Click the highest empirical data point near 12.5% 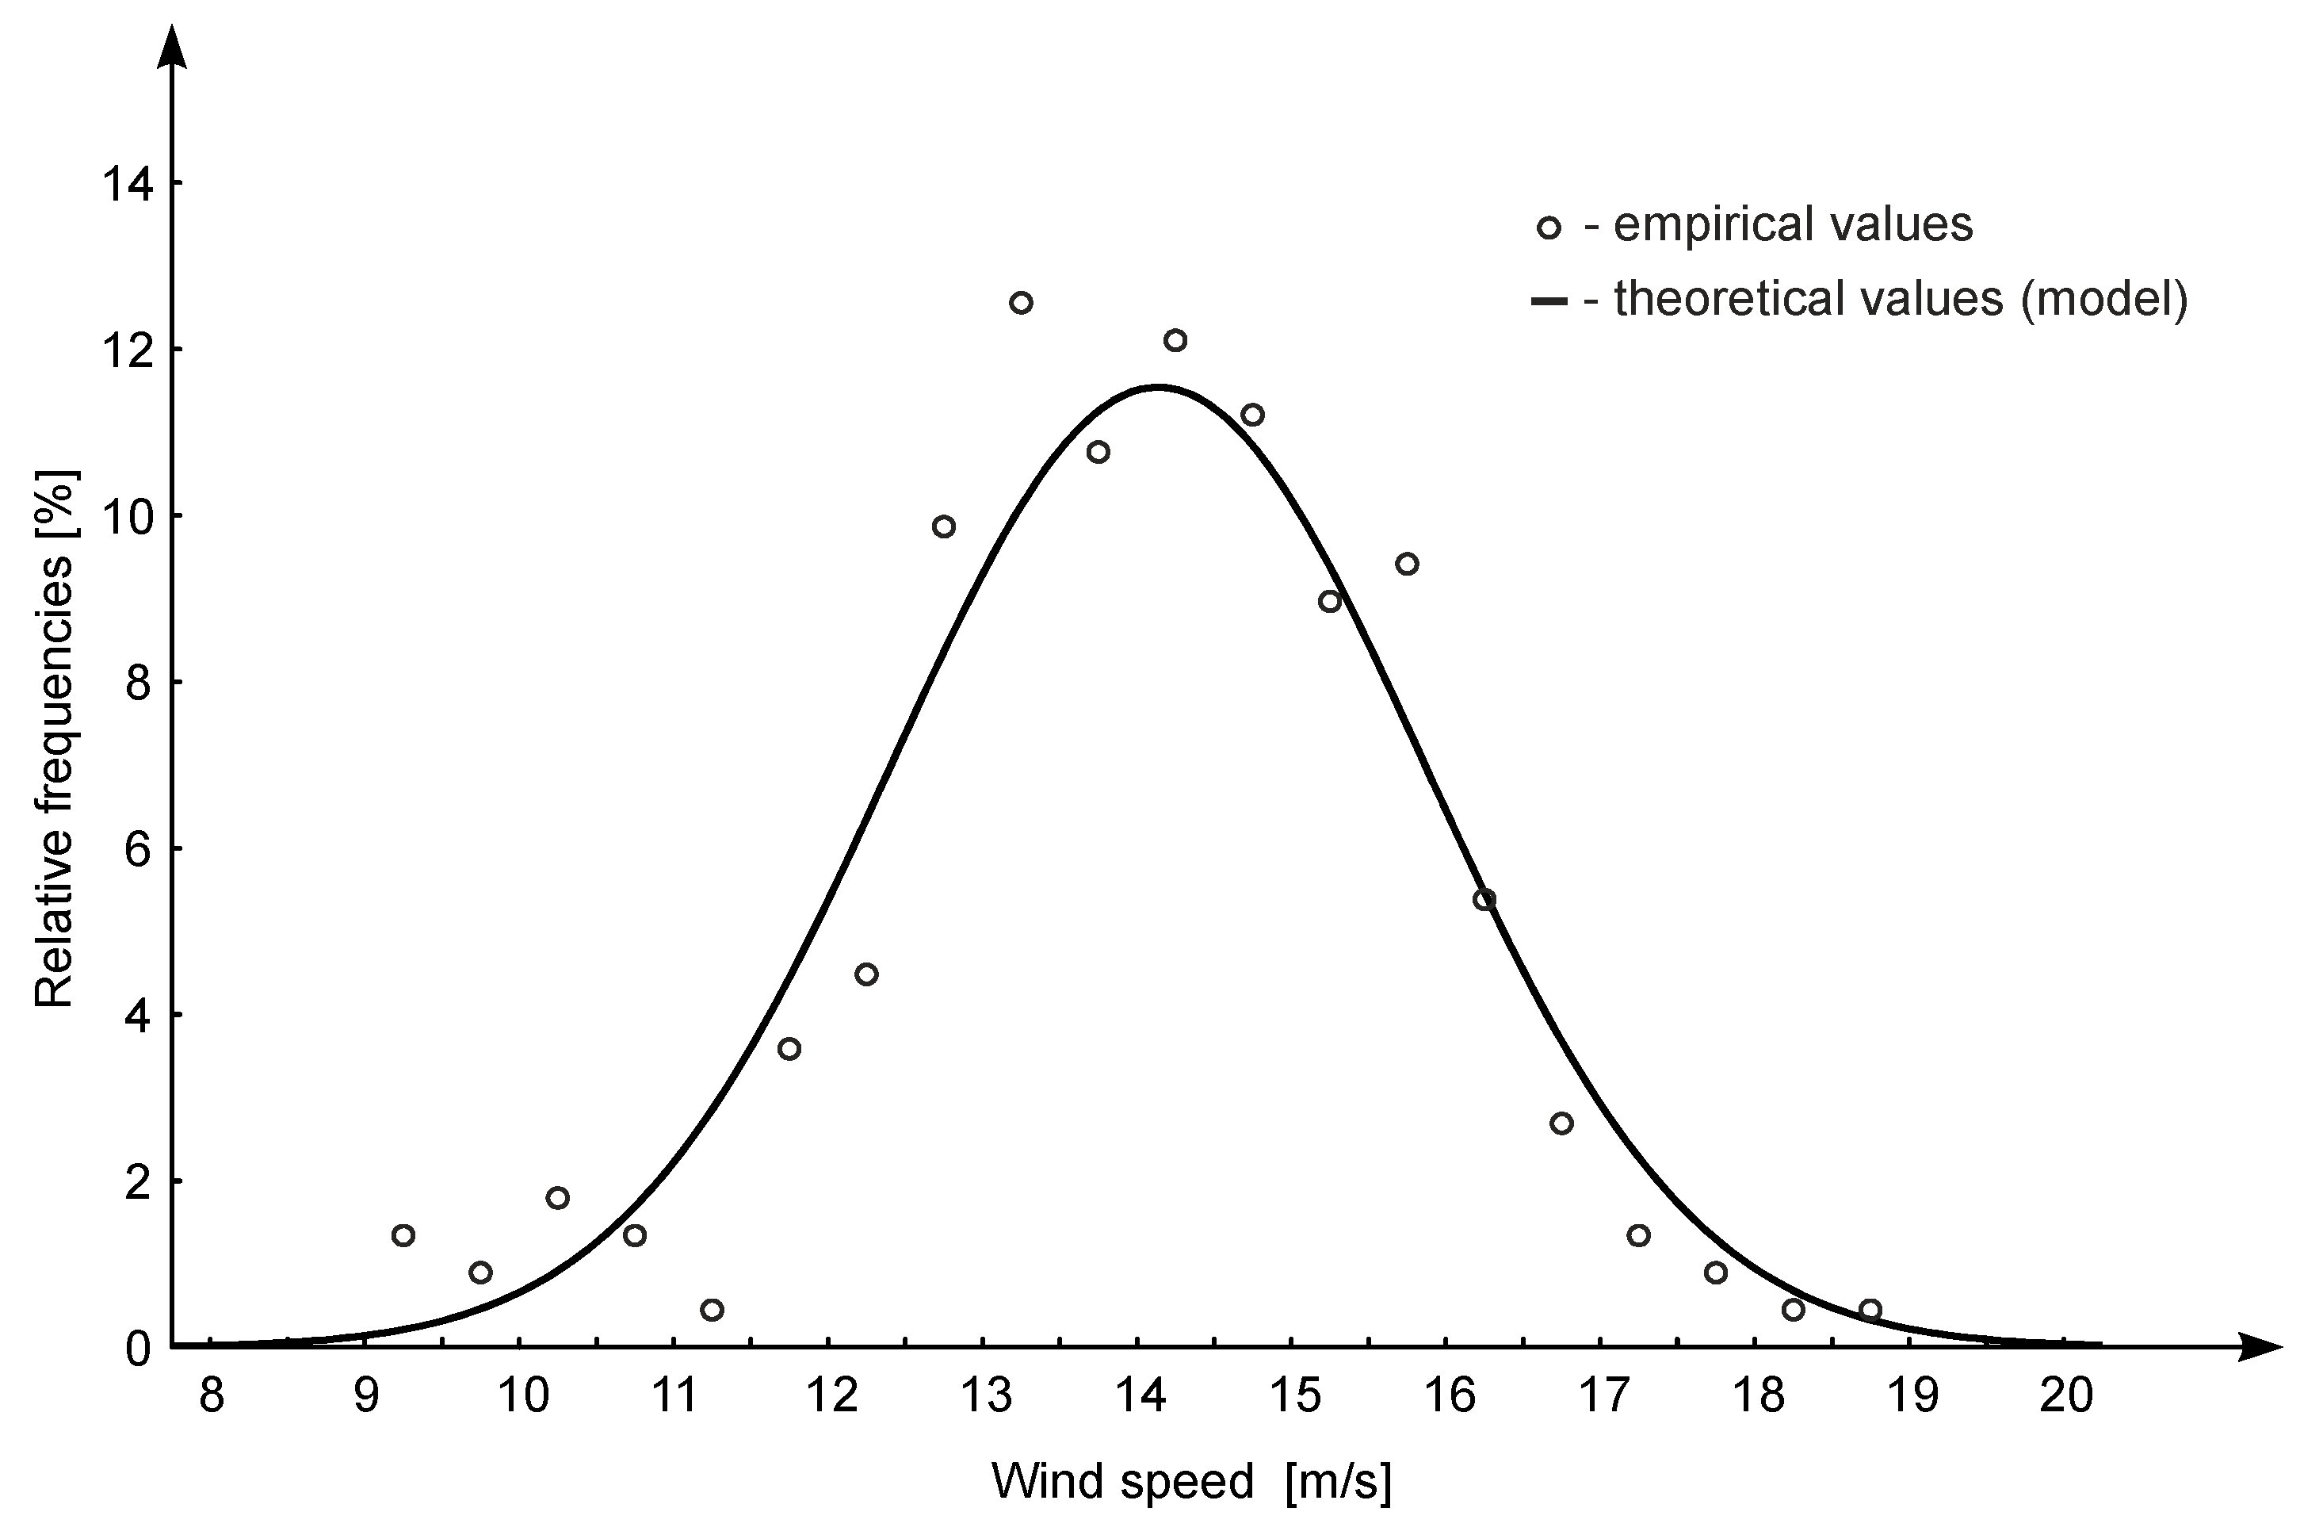[1021, 303]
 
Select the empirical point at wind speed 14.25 [1175, 340]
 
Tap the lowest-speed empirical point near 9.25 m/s [403, 1235]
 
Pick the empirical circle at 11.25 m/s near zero [712, 1309]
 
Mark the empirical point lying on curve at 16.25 [1484, 899]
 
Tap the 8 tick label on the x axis [212, 1396]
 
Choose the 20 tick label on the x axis [2066, 1396]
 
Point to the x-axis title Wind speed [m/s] [1190, 1481]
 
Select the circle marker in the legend [1549, 228]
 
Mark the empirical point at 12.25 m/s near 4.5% [865, 974]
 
